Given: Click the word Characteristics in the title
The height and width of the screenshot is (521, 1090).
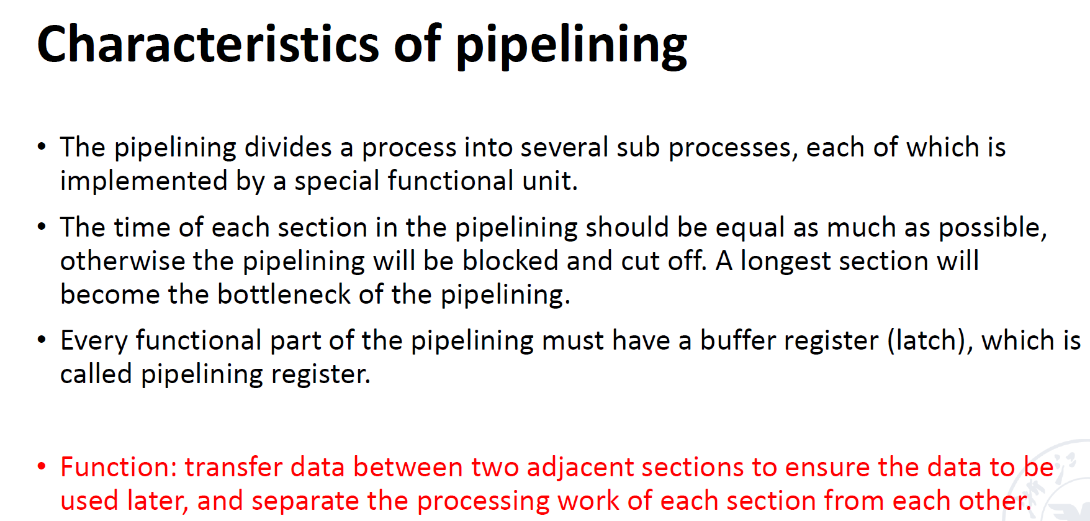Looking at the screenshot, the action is point(208,44).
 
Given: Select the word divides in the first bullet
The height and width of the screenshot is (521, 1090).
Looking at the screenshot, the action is point(288,147).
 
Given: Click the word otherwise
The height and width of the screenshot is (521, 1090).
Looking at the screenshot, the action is point(122,261).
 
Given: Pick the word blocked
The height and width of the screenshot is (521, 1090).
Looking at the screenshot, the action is point(510,261).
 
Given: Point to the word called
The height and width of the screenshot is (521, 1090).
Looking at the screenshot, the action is point(96,374).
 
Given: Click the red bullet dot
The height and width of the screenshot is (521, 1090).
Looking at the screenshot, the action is point(42,466).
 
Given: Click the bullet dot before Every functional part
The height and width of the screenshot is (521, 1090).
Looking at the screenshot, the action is point(42,340).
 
